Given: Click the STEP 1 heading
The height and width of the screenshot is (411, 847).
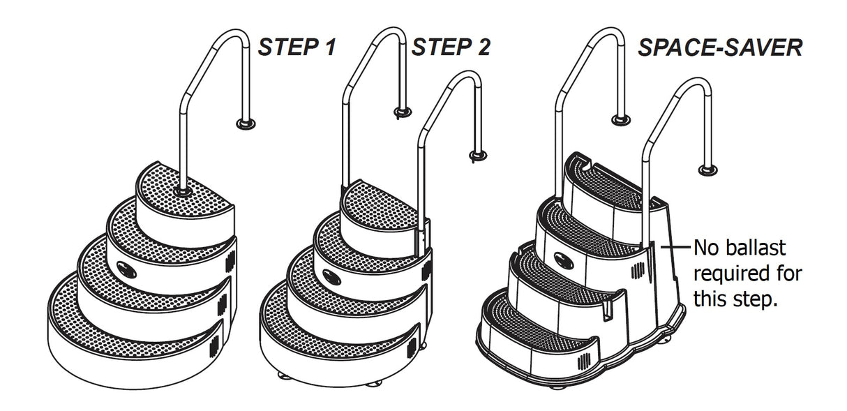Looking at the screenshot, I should pos(297,47).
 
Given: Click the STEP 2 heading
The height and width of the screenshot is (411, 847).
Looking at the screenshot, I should pos(451,47).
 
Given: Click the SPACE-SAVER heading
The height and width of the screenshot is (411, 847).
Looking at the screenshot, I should pos(720,47).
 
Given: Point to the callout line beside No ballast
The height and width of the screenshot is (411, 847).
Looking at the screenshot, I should pos(674,247).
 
